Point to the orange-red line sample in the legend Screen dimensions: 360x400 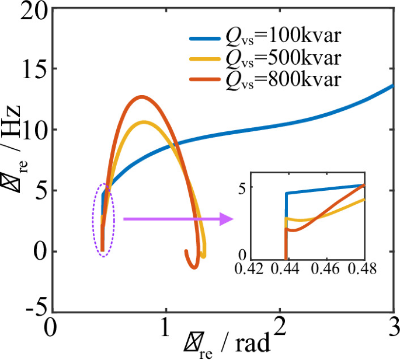203,79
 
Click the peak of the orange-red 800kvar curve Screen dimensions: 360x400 141,97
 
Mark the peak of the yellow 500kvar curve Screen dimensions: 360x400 144,122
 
